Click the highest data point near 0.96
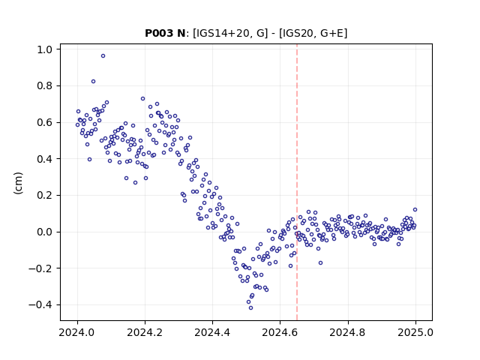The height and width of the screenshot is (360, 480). (103, 56)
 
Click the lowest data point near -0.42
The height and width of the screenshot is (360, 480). (250, 308)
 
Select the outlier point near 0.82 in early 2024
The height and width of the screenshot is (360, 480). (93, 82)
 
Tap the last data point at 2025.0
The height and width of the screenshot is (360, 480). (415, 210)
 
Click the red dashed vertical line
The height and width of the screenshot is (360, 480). (297, 182)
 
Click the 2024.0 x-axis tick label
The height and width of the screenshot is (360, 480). (77, 332)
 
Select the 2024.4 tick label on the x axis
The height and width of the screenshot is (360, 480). (212, 332)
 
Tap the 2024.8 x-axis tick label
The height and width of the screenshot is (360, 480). (348, 332)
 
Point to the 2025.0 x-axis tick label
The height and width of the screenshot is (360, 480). (415, 332)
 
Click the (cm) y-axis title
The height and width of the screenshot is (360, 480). (18, 183)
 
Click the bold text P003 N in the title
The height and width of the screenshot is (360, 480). (165, 33)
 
